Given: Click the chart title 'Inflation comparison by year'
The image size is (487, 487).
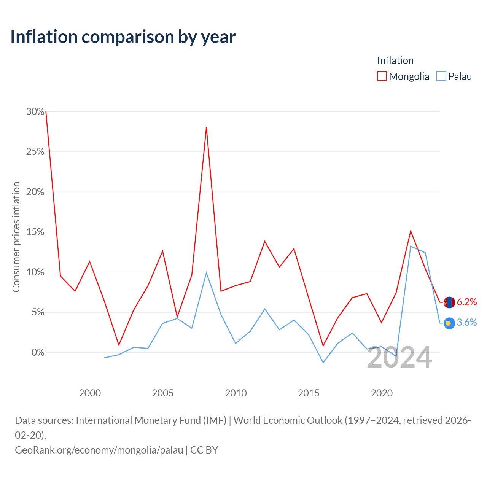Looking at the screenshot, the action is [123, 37].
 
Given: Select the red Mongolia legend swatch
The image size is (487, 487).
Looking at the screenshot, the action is [382, 76].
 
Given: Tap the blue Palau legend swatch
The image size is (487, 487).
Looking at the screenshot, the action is [441, 76].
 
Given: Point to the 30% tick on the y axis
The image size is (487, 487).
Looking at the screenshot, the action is [35, 111].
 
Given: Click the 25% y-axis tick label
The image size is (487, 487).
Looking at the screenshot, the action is [35, 152].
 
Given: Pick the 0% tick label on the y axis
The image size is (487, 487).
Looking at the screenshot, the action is [38, 352].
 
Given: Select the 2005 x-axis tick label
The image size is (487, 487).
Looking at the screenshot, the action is [162, 393].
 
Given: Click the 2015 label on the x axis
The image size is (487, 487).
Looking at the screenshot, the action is [309, 393].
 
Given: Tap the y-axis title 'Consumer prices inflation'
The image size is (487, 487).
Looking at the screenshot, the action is [16, 237].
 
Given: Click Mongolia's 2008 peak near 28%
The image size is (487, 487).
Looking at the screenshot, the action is [207, 128].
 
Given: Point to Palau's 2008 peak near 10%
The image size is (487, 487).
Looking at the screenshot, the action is [207, 272].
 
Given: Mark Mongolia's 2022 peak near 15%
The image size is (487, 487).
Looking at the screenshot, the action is [411, 231].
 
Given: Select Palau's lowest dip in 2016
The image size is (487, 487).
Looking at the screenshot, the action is [323, 363].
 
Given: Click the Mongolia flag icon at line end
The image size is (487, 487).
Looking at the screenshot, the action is [449, 302].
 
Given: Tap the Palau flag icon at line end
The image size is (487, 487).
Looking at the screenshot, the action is [449, 323].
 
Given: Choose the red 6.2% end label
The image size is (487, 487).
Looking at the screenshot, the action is [467, 302].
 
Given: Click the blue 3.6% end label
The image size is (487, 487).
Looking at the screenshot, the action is [467, 323].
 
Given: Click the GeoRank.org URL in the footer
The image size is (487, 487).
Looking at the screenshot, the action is [99, 450].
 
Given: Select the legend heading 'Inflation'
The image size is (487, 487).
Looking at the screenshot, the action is [395, 60].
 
